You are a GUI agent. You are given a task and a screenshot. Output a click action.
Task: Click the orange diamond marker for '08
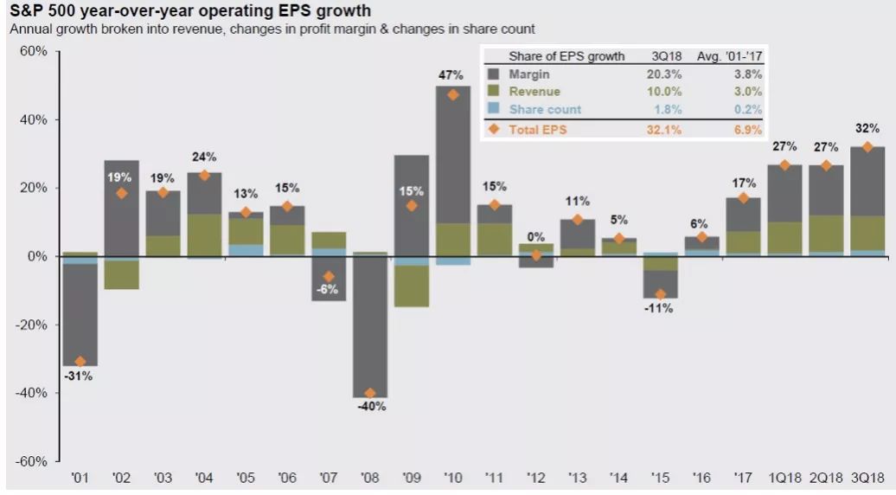pos(371,393)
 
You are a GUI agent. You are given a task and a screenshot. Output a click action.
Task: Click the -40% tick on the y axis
pos(32,393)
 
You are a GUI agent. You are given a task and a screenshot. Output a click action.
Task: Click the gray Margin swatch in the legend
pos(494,74)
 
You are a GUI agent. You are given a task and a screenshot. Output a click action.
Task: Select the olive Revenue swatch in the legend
pos(494,92)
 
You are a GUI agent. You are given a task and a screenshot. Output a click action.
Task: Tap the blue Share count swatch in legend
pos(494,109)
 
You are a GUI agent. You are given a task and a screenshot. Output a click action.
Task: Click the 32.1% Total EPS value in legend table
pos(666,129)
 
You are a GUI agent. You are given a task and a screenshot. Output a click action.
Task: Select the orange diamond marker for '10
pos(453,94)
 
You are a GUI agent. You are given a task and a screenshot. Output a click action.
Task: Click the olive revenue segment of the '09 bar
pos(412,286)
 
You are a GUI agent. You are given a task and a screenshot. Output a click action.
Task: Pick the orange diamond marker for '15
pos(660,294)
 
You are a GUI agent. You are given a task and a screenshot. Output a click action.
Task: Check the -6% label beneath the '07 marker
pos(329,290)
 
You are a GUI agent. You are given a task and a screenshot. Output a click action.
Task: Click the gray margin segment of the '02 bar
pos(122,208)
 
